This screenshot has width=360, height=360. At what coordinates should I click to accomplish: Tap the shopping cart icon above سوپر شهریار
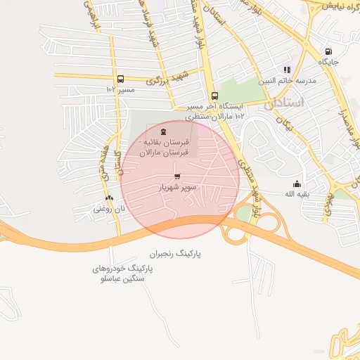(177, 176)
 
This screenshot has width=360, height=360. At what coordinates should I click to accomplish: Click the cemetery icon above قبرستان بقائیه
(164, 131)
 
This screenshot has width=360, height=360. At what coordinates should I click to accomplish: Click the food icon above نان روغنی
(108, 198)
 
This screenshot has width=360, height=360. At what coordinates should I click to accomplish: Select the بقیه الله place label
(297, 193)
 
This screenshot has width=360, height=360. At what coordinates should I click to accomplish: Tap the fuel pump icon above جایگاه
(328, 51)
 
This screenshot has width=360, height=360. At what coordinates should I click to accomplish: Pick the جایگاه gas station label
(328, 63)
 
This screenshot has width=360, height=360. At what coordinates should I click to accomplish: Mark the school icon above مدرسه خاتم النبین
(287, 70)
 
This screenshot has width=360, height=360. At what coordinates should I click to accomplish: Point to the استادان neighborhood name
(284, 103)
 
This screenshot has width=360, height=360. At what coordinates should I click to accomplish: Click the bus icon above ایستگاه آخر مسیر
(214, 96)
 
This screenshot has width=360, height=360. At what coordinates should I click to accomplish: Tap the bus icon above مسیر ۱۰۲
(120, 79)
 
